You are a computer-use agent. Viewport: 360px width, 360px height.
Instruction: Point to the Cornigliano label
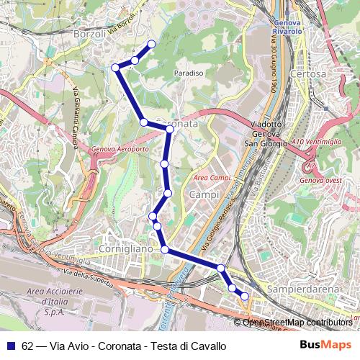127,248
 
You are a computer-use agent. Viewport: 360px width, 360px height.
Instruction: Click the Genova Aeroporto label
120,150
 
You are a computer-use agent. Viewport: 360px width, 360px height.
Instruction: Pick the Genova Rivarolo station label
287,27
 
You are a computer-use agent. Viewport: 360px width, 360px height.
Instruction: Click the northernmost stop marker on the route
151,45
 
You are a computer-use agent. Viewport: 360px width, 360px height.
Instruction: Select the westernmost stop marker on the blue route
115,68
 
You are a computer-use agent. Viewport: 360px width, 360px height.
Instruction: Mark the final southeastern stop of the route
244,296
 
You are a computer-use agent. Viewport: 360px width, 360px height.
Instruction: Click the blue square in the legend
10,346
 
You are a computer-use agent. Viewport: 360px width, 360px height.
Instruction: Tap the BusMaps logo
326,346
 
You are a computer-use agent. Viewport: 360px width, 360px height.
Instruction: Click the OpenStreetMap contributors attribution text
297,323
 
